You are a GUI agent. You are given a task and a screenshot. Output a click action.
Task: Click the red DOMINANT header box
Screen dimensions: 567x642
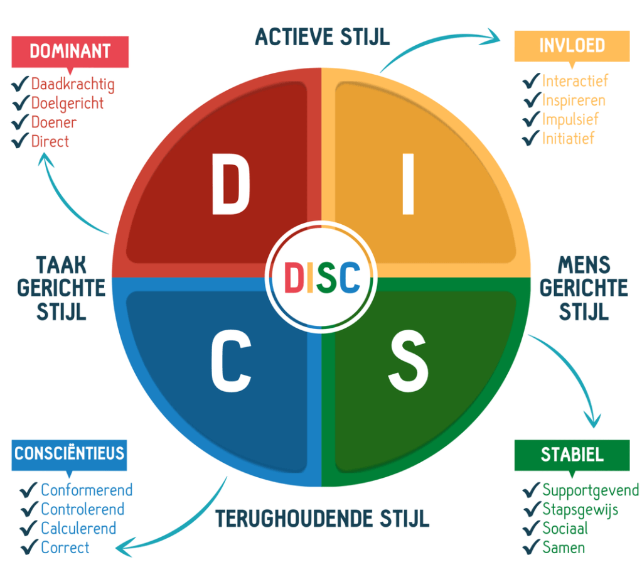tap(70, 51)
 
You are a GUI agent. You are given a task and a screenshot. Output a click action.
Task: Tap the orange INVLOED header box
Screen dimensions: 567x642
tap(572, 46)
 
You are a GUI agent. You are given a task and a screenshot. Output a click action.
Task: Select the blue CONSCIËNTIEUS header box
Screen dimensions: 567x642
tap(69, 453)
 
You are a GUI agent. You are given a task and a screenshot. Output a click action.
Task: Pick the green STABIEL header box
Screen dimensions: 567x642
tap(572, 455)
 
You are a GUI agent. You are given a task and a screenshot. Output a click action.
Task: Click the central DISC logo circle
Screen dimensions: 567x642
tap(321, 278)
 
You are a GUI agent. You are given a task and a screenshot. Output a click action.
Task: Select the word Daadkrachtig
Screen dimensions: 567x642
tap(73, 84)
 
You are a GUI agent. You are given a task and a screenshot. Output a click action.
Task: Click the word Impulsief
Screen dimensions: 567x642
tap(570, 119)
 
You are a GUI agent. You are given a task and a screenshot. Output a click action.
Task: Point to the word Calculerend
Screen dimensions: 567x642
tap(78, 529)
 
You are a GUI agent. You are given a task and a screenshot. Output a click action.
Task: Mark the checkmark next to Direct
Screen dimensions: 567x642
tap(21, 141)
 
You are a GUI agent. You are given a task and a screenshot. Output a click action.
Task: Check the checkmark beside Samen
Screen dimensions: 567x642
tap(532, 547)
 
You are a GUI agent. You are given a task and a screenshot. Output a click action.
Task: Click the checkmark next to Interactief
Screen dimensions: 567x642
tap(532, 80)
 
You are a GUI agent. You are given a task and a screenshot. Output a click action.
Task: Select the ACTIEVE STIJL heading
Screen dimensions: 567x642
tap(322, 36)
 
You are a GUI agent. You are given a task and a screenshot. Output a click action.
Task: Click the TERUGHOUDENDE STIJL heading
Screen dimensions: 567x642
tap(322, 519)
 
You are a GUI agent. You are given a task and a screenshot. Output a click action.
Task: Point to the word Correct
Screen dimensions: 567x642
tap(65, 548)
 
